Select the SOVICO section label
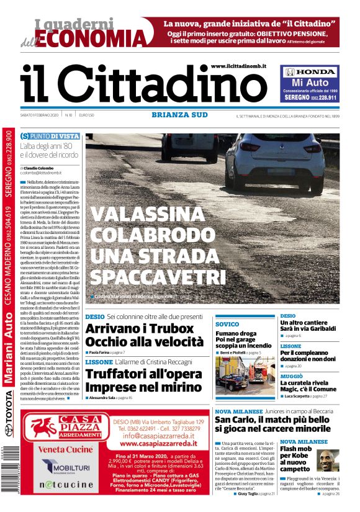227,325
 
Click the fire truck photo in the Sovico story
243,373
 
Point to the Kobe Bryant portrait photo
328,460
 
